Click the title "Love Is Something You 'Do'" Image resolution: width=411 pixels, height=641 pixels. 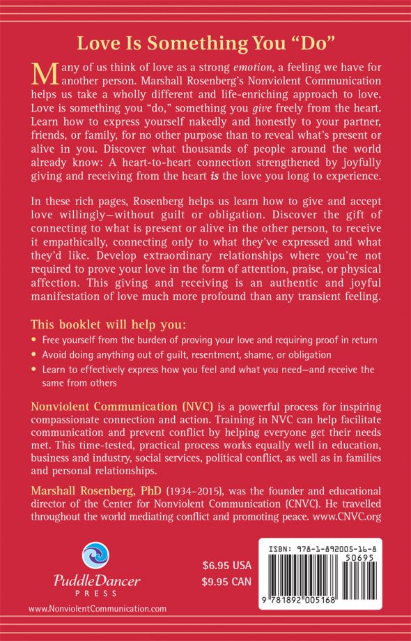point(206,43)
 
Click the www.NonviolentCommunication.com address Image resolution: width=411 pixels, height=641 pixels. point(98,609)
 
